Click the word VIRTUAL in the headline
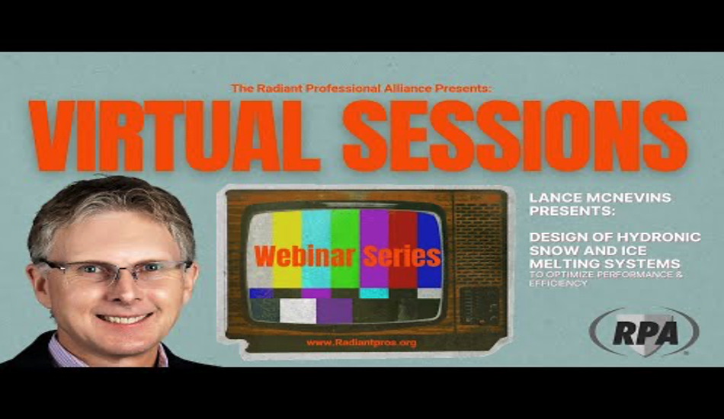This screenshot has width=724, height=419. coord(175,136)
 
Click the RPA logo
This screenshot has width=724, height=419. coord(644,332)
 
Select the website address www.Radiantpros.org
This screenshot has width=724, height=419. coord(361,343)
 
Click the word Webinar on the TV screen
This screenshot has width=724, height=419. coord(305,256)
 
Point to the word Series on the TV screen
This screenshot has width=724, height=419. coord(402,256)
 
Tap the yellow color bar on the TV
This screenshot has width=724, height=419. coord(287,250)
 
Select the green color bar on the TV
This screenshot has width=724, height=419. coord(345,250)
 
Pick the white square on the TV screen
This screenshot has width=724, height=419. coord(298,311)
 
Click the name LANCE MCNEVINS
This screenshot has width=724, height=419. coord(600,197)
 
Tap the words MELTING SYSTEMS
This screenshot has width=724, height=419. coord(604,264)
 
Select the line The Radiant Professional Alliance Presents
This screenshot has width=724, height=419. coord(360,88)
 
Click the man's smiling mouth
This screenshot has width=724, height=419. coord(125,318)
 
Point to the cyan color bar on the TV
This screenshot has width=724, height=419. coord(316,250)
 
